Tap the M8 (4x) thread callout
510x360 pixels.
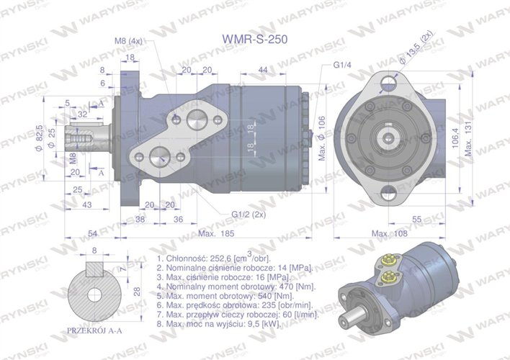130,41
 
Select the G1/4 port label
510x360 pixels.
342,64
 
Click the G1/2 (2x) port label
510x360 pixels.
247,214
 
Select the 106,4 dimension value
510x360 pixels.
454,136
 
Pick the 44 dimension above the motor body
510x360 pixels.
262,69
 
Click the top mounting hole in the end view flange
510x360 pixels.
390,81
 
